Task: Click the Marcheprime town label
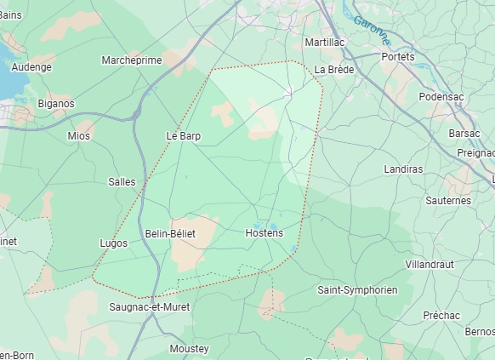pyautogui.click(x=132, y=60)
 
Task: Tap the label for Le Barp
pyautogui.click(x=183, y=135)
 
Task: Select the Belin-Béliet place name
pyautogui.click(x=170, y=233)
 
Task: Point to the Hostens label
pyautogui.click(x=264, y=232)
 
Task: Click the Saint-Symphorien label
pyautogui.click(x=357, y=289)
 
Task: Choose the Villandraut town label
pyautogui.click(x=430, y=264)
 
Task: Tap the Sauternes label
pyautogui.click(x=448, y=200)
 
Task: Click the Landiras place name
pyautogui.click(x=403, y=169)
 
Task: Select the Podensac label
pyautogui.click(x=441, y=96)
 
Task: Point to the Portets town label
pyautogui.click(x=398, y=56)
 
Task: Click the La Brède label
pyautogui.click(x=333, y=69)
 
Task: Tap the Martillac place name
pyautogui.click(x=324, y=42)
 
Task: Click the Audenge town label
pyautogui.click(x=31, y=66)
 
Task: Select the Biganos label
pyautogui.click(x=56, y=104)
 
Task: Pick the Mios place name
pyautogui.click(x=79, y=135)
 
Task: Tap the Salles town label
pyautogui.click(x=122, y=181)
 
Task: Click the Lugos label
pyautogui.click(x=114, y=243)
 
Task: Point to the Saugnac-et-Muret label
pyautogui.click(x=150, y=306)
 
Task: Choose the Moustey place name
pyautogui.click(x=189, y=348)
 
